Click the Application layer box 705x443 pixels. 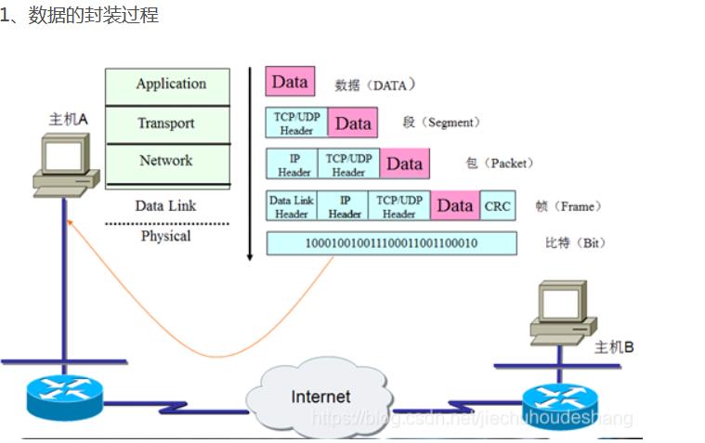167,85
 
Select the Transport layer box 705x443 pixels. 167,124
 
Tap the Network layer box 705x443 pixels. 167,162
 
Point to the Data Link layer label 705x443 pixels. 165,205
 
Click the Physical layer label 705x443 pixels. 165,236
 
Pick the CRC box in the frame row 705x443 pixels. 497,206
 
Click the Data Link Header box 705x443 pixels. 292,206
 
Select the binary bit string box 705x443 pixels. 391,243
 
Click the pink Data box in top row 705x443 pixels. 290,82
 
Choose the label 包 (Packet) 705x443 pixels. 499,163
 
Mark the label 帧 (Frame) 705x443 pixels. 568,206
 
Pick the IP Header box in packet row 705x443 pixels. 294,164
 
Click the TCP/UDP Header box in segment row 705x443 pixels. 296,124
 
